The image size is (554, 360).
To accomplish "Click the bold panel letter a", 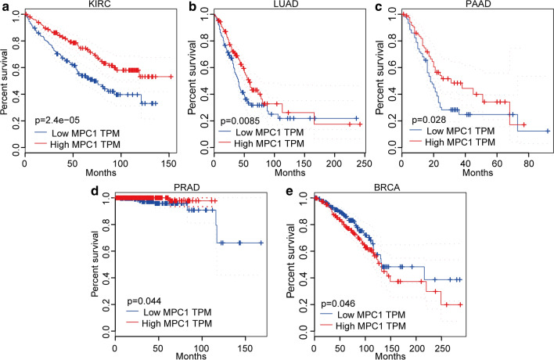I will (5, 6).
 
